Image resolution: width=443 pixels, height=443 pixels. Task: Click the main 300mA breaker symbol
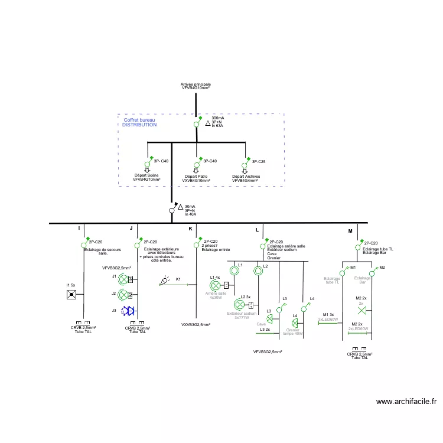[197, 124]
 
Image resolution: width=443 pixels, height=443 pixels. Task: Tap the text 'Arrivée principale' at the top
[196, 84]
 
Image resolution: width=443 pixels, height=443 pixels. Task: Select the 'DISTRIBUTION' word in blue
[140, 125]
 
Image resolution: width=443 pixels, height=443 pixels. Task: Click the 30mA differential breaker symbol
[172, 209]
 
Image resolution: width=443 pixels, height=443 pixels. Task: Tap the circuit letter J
[131, 228]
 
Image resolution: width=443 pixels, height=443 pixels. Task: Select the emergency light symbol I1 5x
[71, 294]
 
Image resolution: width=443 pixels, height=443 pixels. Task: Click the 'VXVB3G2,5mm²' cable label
[196, 324]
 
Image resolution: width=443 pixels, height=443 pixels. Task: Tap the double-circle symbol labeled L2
[258, 271]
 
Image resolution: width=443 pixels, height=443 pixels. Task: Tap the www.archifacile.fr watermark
[407, 402]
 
